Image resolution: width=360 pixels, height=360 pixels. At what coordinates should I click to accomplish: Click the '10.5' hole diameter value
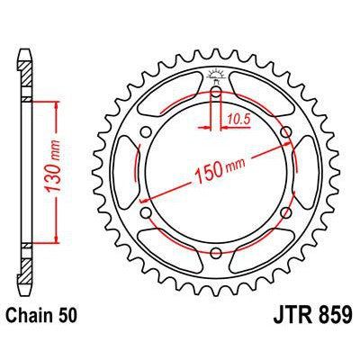(238, 116)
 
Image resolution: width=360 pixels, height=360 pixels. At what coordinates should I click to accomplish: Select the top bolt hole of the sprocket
(217, 93)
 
